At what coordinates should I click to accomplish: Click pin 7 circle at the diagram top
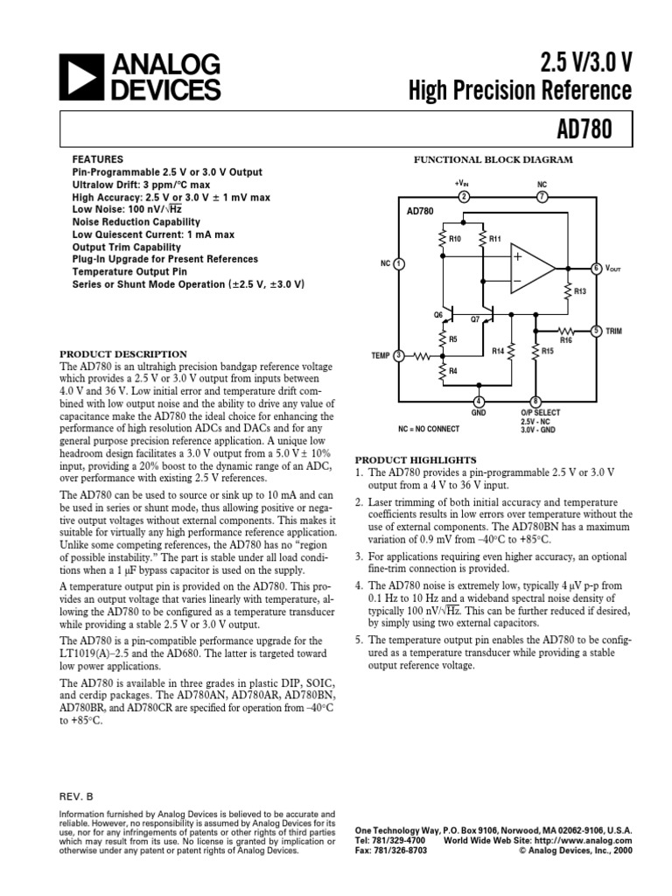(542, 196)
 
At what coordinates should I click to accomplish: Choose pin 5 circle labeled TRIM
(596, 331)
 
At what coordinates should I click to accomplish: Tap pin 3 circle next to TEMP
(399, 355)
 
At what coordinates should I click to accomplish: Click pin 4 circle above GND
(479, 401)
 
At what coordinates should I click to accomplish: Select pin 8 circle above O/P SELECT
(535, 401)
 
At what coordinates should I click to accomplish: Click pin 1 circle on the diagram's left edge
(399, 262)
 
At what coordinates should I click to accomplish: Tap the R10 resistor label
(455, 238)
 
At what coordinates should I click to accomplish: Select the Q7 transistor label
(476, 319)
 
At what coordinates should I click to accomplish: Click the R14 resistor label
(498, 351)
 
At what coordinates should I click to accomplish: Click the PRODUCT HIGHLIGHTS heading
(415, 459)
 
